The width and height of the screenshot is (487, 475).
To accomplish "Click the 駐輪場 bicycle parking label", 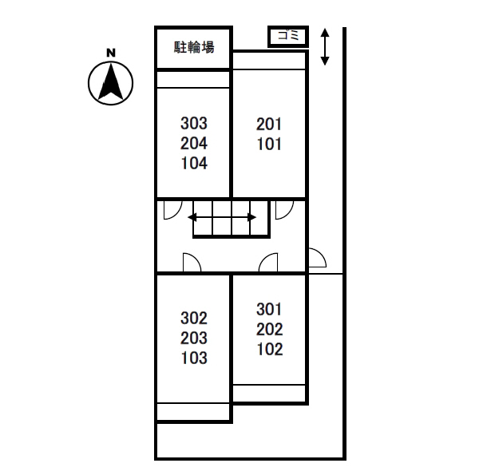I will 194,48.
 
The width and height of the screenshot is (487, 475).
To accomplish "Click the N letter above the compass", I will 111,53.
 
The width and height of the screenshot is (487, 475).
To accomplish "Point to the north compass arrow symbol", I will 111,82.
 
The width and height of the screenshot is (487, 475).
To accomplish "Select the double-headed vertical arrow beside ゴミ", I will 325,47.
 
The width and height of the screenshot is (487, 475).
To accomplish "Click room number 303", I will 194,124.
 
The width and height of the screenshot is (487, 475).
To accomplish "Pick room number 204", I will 194,144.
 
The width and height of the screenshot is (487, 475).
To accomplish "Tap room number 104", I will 194,164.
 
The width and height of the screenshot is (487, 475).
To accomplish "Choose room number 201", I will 269,125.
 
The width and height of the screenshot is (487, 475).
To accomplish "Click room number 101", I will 269,145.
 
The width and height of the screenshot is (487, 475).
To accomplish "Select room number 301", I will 270,309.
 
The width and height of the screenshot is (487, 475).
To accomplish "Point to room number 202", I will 270,329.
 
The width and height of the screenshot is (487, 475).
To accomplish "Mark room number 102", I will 270,349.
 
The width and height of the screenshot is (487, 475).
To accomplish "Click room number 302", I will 194,318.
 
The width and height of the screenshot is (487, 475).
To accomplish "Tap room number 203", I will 194,338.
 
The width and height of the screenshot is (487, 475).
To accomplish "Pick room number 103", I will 194,358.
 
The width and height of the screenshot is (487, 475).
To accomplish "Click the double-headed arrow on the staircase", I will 223,216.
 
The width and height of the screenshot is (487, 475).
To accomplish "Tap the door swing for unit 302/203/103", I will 192,263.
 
